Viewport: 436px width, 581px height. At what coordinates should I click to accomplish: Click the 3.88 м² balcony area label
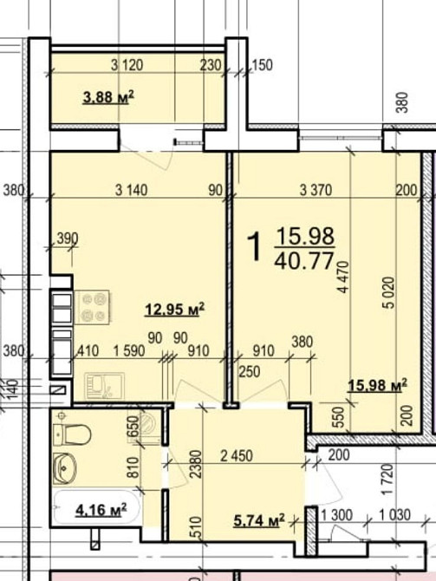107,99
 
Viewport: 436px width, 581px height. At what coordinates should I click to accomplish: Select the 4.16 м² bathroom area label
101,509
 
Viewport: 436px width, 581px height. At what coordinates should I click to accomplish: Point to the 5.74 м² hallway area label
259,521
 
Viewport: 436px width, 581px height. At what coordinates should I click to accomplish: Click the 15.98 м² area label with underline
377,385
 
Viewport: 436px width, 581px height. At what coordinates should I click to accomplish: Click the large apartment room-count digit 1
256,248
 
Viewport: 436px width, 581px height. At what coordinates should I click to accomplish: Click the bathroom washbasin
67,468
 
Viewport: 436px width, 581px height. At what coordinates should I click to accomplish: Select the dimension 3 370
316,191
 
